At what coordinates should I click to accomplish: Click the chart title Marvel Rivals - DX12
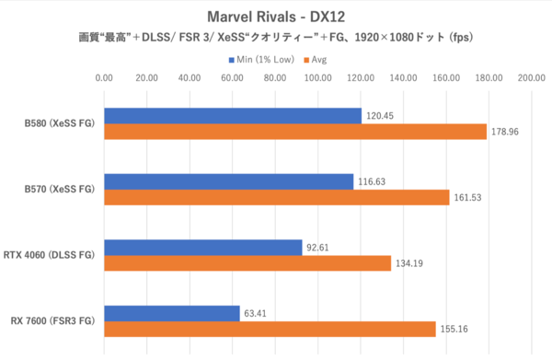coord(277,17)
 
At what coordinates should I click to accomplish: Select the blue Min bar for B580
coord(232,116)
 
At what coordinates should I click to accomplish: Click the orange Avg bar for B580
coord(294,132)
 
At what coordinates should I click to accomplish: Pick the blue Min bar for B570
coord(228,181)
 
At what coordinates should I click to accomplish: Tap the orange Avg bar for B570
coord(276,197)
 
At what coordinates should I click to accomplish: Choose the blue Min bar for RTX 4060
coord(202,248)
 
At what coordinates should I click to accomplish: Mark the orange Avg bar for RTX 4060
coord(247,263)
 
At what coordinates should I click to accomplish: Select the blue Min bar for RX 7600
coord(171,313)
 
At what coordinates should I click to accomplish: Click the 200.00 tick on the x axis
coord(531,78)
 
